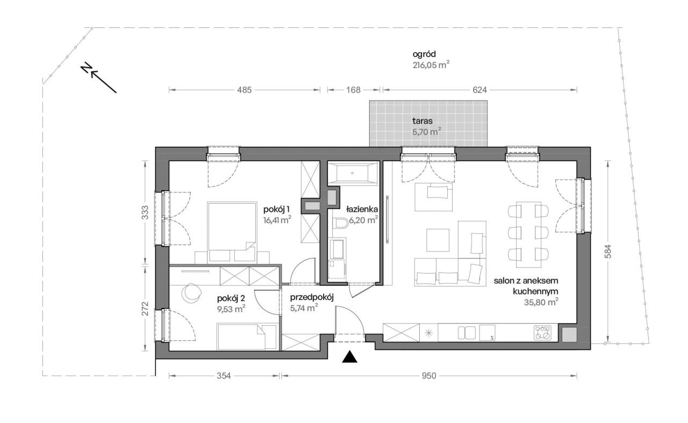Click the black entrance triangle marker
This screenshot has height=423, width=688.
point(349,357)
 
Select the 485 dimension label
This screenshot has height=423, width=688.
point(245,90)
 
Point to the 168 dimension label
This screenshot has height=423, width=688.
point(353,90)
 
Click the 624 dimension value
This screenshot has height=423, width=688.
point(479,90)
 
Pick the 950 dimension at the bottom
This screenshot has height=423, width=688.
point(429,376)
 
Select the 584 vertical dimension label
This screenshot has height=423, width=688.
point(608,251)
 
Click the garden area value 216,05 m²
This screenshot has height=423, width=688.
point(431,65)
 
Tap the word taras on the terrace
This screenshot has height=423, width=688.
point(422,121)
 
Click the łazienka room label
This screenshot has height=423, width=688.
point(362,210)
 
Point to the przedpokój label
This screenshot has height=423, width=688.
point(312,297)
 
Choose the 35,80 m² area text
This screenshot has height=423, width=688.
point(541,303)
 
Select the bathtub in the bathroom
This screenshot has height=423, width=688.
point(352,174)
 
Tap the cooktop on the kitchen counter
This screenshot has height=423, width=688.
point(542,333)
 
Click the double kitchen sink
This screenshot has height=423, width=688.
point(467,333)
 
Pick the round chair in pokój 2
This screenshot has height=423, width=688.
point(191,292)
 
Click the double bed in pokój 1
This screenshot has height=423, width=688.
point(232,233)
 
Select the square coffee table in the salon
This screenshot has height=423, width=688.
point(438,240)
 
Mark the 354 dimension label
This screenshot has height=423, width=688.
point(224,376)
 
